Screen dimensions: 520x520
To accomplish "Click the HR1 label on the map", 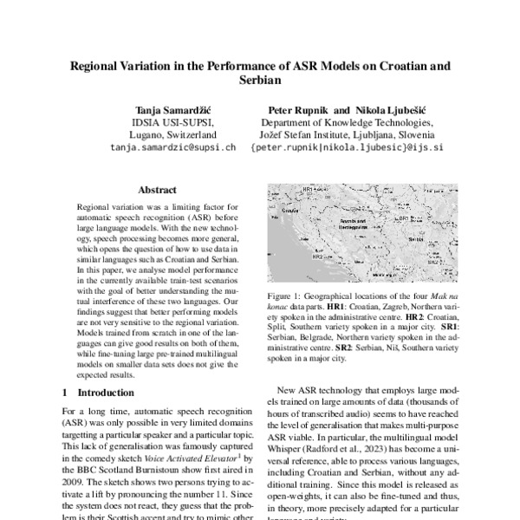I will tap(306, 188).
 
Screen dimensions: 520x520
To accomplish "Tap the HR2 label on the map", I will tap(317, 257).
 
